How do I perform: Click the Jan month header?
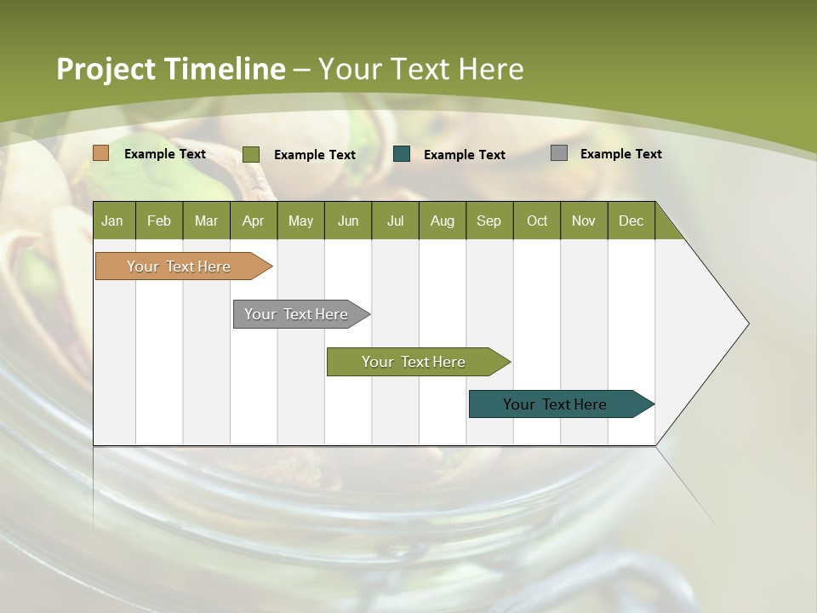pos(113,221)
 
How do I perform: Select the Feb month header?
pos(159,221)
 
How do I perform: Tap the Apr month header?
pos(253,221)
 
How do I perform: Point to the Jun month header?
pos(347,221)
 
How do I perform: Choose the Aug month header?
pos(442,221)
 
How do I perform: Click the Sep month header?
pos(488,221)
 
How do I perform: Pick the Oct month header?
pos(536,221)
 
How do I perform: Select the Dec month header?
pos(631,221)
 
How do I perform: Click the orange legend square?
pos(100,153)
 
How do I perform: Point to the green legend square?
pos(250,154)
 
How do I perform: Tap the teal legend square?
pos(402,153)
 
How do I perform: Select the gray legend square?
pos(558,153)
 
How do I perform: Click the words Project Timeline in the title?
pos(170,69)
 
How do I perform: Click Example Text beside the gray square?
pos(620,154)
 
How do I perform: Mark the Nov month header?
pos(583,221)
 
